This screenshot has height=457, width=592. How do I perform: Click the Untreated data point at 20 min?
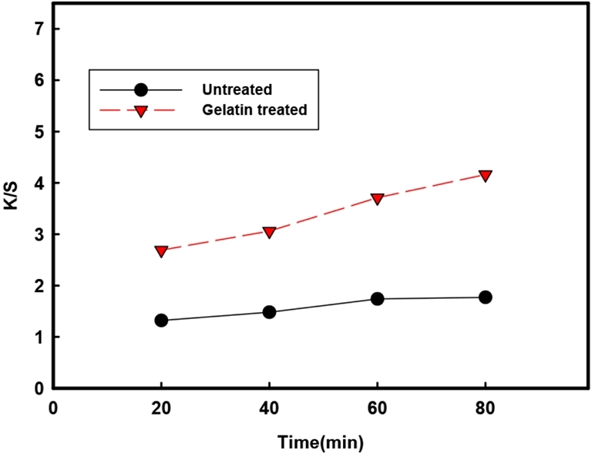[161, 321]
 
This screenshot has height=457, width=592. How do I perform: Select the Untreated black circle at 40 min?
[269, 312]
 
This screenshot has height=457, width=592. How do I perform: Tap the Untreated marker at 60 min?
[377, 299]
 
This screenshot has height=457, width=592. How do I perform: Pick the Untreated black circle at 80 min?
[485, 297]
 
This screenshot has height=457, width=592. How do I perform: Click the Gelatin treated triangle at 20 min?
[161, 251]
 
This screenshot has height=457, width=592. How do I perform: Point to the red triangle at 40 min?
[269, 232]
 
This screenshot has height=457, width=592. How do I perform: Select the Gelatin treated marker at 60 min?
[377, 199]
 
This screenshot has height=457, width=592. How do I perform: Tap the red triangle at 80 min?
[485, 176]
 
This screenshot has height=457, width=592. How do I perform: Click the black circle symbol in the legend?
[140, 89]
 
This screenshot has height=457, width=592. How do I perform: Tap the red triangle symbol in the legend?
[140, 111]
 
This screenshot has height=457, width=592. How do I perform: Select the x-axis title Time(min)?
[321, 443]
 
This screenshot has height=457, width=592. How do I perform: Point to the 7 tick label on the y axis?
[36, 29]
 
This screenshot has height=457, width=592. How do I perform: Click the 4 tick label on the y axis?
[36, 183]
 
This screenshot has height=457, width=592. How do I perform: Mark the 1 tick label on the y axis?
[36, 338]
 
